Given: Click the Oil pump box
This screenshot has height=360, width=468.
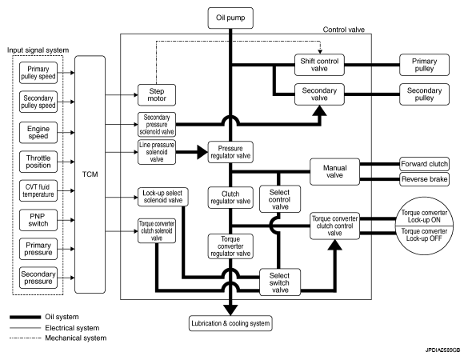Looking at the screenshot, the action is [x=230, y=18].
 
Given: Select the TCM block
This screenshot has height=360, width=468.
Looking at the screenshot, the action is [x=90, y=174].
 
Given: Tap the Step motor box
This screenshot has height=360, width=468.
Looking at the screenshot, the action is [x=157, y=95].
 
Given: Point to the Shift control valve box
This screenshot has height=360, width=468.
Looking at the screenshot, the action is [x=319, y=65].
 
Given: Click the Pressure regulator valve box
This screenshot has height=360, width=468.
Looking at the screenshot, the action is [x=230, y=152].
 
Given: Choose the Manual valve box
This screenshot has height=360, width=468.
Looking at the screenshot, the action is [x=334, y=172].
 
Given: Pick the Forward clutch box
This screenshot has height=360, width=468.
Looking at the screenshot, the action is [x=424, y=164].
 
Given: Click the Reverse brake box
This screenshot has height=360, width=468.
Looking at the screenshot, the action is [x=424, y=179].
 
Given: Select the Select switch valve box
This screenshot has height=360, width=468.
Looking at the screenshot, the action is [x=280, y=282].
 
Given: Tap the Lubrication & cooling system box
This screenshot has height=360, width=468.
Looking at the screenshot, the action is [x=230, y=323].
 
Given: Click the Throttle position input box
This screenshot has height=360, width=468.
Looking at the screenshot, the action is [x=38, y=162].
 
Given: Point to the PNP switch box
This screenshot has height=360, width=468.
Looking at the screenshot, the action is [x=38, y=220].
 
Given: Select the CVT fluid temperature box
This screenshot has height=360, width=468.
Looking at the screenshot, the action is [x=38, y=190].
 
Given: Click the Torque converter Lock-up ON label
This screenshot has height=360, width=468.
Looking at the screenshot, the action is [x=424, y=217].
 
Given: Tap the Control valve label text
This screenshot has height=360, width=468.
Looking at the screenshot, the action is [x=343, y=30].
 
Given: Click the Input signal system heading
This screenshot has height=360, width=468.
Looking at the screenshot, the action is [x=38, y=50].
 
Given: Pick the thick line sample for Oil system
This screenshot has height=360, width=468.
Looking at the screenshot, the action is [x=25, y=317].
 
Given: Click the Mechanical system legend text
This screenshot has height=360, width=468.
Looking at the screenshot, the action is [x=75, y=338].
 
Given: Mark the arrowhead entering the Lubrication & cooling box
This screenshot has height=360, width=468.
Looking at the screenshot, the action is [x=230, y=310].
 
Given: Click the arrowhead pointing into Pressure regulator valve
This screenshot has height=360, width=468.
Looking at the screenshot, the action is [x=202, y=152].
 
